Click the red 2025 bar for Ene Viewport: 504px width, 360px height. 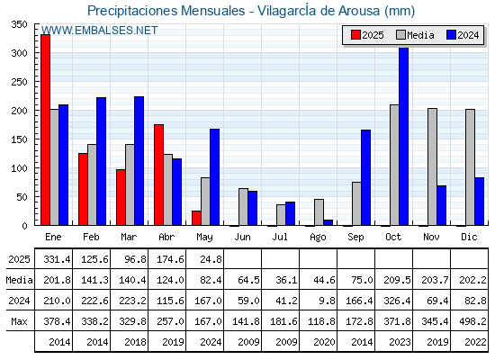tap(45, 130)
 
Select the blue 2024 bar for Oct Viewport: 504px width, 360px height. tap(404, 136)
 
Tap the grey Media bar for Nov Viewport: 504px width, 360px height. tap(432, 166)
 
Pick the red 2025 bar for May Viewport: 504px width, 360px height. tap(196, 218)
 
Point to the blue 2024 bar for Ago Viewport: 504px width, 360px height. tap(328, 222)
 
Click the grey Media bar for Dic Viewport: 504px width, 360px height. tap(470, 167)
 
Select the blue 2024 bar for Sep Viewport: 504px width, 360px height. tap(365, 177)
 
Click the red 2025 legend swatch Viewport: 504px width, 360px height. tap(355, 35)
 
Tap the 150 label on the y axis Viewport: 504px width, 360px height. tap(19, 139)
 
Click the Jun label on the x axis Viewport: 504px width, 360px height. tap(242, 238)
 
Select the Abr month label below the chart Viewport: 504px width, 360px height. tap(166, 238)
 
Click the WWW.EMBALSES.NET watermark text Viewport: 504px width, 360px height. tap(99, 31)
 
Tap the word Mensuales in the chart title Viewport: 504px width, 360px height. tap(212, 11)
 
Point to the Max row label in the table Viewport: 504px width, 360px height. tap(19, 321)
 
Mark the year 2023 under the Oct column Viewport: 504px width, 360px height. tap(400, 342)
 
